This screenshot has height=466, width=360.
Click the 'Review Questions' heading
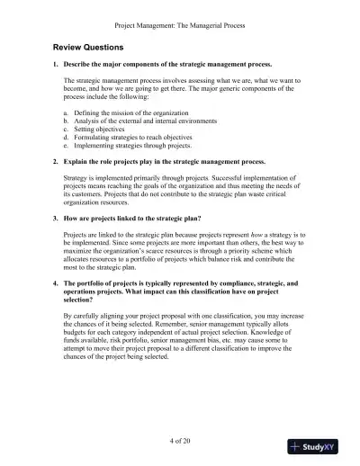click(88, 46)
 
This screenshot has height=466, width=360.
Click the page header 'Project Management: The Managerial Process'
click(180, 24)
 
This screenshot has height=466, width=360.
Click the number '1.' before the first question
click(55, 66)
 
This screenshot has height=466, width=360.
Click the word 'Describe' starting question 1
click(79, 66)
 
